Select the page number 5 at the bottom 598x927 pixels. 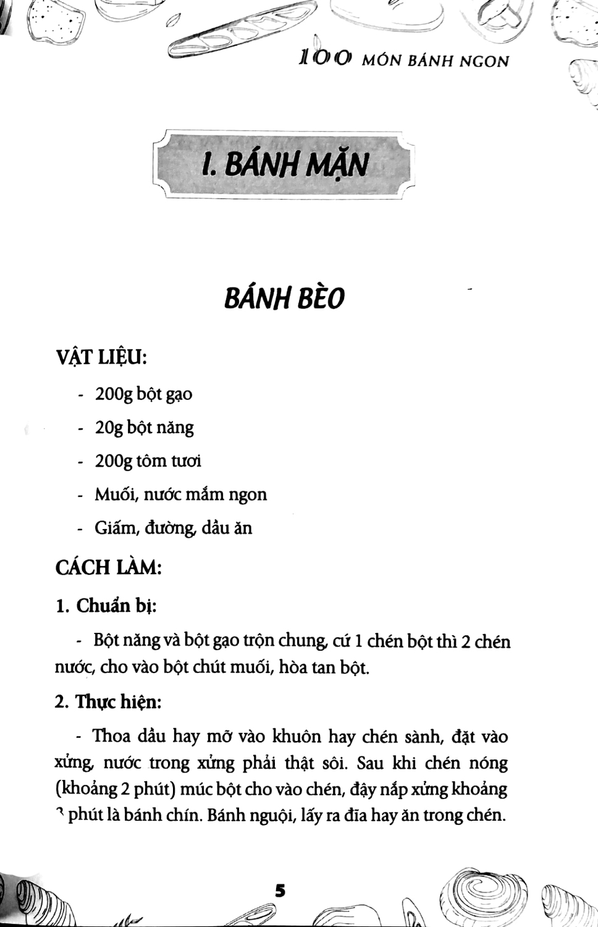280,891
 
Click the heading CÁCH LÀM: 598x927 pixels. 109,567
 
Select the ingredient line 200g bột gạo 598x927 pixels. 143,394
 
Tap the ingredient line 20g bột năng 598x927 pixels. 144,427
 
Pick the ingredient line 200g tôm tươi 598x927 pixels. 148,461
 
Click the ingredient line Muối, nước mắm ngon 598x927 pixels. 180,494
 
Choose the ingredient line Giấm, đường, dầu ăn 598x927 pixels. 173,528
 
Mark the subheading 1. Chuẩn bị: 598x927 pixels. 106,606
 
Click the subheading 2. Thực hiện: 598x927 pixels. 109,702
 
